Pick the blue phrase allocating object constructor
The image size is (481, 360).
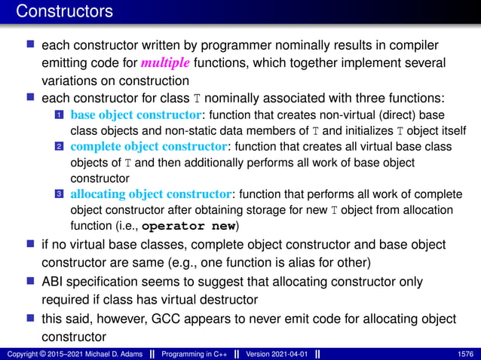153,194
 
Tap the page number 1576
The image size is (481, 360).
465,353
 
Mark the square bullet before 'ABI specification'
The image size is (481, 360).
31,279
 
